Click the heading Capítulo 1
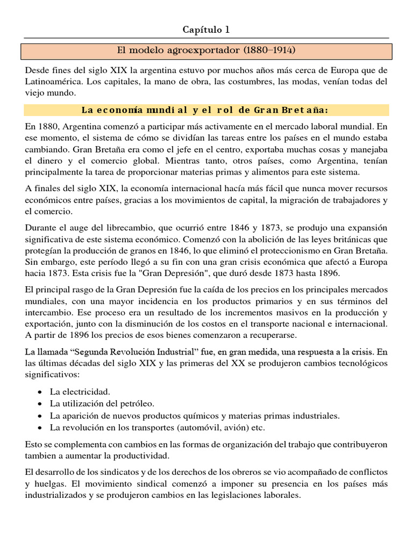pyautogui.click(x=206, y=29)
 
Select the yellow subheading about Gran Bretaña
pyautogui.click(x=206, y=110)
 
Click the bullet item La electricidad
pyautogui.click(x=80, y=392)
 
